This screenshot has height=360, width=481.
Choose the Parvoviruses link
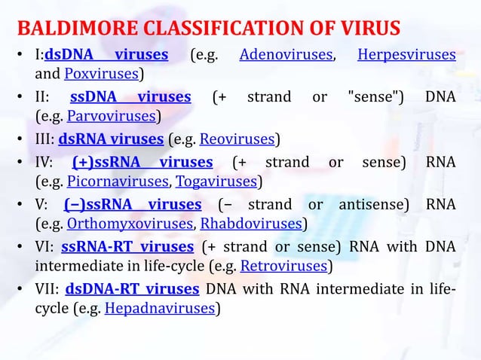[112, 117]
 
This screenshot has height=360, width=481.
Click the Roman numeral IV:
[44, 162]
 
